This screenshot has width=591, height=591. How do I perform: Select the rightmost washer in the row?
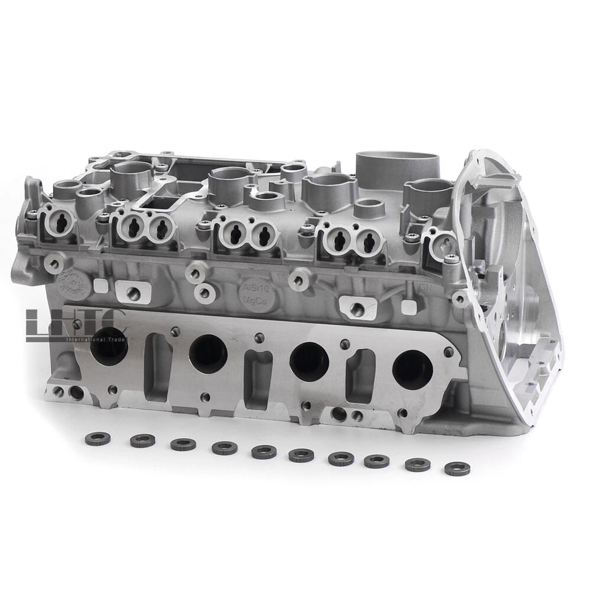click(x=457, y=468)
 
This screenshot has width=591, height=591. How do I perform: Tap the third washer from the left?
click(x=183, y=444)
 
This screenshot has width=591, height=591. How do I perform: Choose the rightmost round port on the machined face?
click(x=412, y=369)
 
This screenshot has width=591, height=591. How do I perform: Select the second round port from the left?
click(x=208, y=353)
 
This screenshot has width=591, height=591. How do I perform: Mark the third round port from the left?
click(x=308, y=361)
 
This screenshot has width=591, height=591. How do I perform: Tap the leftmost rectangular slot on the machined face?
click(x=158, y=366)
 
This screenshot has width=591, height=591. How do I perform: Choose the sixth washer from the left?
click(x=300, y=455)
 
